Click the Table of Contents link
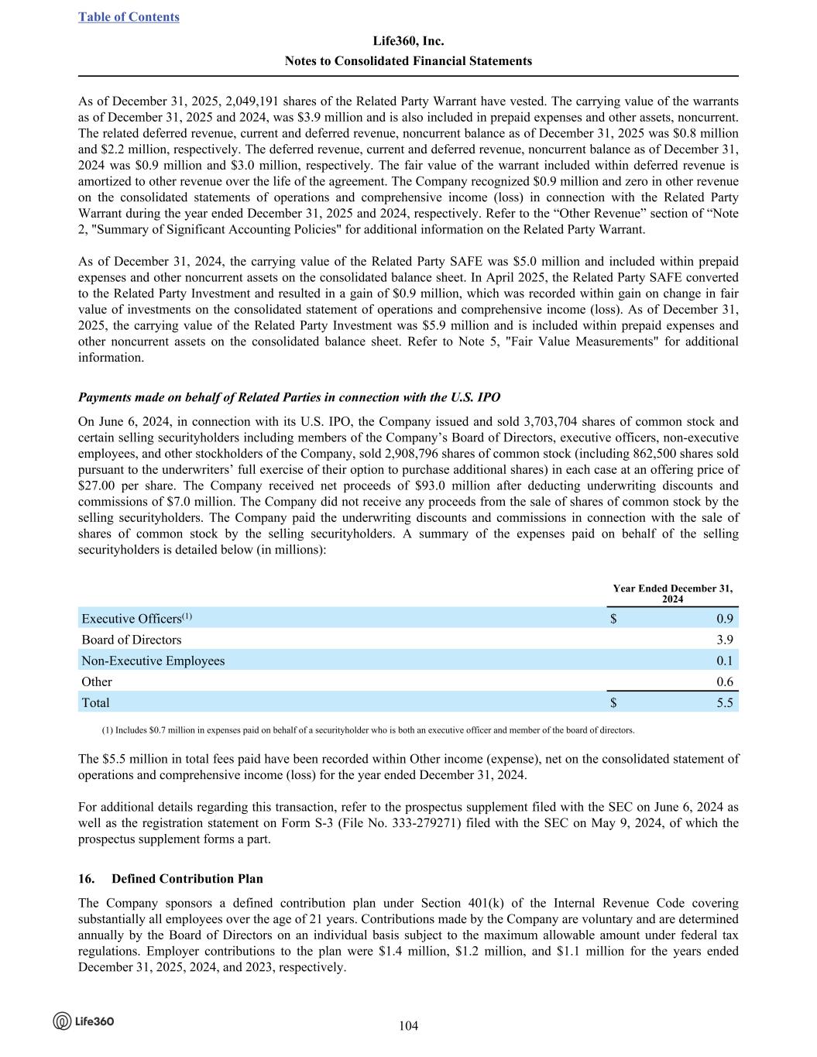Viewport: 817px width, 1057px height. tap(129, 17)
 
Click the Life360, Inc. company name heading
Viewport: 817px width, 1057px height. tap(408, 41)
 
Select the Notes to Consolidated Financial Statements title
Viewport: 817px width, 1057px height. tap(408, 60)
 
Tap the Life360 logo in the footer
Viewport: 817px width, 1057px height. tap(84, 1021)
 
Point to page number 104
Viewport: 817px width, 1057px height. tap(408, 1026)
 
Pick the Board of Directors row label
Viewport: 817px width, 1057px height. tap(132, 640)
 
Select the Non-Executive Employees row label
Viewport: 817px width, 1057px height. tap(153, 661)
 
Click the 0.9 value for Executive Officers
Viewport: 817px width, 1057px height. tap(725, 618)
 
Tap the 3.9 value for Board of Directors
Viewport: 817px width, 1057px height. tap(725, 640)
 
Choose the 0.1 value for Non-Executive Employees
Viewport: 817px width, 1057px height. tap(725, 661)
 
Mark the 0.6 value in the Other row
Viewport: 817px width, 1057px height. tap(725, 681)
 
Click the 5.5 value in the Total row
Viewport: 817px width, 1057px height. tap(725, 702)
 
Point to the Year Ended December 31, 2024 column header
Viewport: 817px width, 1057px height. tap(672, 594)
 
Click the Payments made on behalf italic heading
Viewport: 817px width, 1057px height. tap(289, 397)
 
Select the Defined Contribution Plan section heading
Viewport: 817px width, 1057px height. tap(187, 878)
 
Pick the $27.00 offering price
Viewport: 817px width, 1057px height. tap(95, 486)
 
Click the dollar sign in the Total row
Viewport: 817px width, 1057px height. tap(613, 702)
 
